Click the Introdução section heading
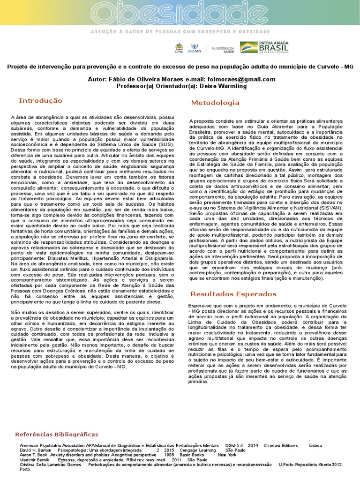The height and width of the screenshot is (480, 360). [x=40, y=101]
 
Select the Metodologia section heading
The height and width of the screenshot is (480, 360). [x=215, y=103]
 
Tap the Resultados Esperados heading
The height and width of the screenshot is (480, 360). [x=233, y=294]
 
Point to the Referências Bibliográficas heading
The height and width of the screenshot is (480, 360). [x=57, y=435]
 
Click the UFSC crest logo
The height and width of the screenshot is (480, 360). [x=179, y=48]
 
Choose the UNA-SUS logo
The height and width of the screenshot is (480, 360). [x=195, y=48]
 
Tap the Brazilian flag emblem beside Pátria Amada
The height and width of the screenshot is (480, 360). [x=248, y=47]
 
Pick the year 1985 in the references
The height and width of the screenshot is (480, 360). [x=169, y=455]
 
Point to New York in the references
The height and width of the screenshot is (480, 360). [x=227, y=455]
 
